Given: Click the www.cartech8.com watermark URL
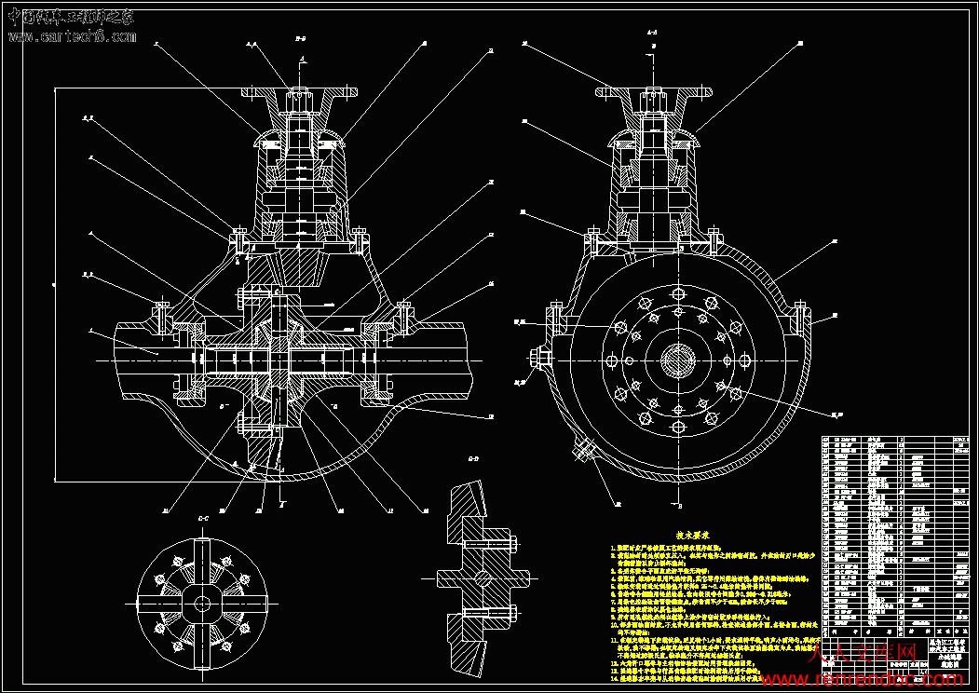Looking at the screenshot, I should (x=72, y=36).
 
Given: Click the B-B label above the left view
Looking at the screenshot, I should (x=301, y=41).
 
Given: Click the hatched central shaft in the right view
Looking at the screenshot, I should (x=678, y=360).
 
